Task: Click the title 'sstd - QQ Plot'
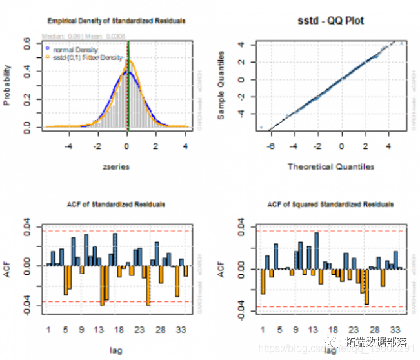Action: pos(332,21)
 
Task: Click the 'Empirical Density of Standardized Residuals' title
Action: pos(116,21)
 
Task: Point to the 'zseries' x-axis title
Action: pos(116,166)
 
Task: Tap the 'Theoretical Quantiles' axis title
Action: pos(331,167)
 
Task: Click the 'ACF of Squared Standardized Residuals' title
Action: pos(331,205)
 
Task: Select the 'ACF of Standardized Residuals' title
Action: pos(116,205)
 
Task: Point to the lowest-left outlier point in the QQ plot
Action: pos(262,128)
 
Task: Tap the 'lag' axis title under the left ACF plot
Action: pos(116,350)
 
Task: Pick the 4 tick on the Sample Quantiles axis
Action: pos(240,45)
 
